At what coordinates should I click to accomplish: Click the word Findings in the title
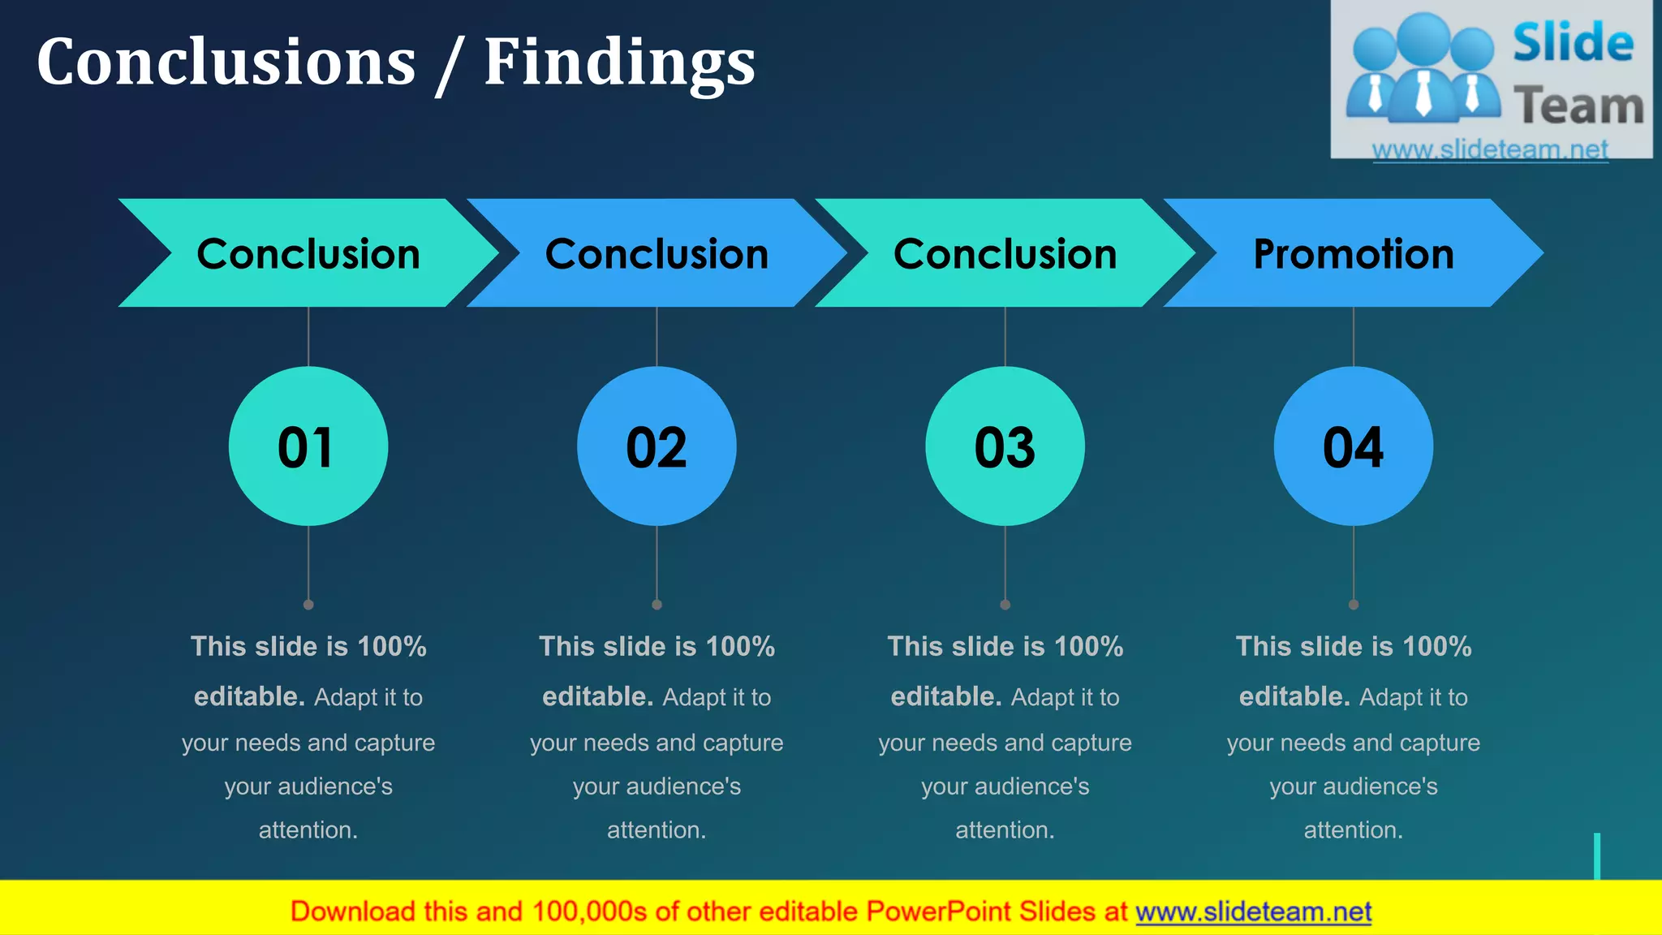[x=619, y=63]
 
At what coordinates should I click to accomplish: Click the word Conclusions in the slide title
[x=226, y=63]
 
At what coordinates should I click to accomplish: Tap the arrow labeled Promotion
[x=1353, y=253]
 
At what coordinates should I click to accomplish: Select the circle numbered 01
[x=308, y=446]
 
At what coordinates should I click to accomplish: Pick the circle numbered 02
[x=657, y=446]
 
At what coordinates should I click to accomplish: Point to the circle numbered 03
[x=1005, y=446]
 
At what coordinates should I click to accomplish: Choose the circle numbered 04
[x=1353, y=446]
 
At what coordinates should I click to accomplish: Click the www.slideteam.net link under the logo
[x=1490, y=149]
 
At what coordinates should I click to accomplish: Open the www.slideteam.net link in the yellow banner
[x=1253, y=911]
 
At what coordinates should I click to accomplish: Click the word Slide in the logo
[x=1573, y=43]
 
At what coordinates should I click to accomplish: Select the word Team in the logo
[x=1578, y=106]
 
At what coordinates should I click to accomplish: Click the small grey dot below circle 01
[x=308, y=605]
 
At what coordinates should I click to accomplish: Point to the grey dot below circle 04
[x=1354, y=605]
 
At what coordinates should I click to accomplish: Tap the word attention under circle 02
[x=656, y=830]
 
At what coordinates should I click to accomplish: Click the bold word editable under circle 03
[x=945, y=696]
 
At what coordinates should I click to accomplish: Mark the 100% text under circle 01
[x=392, y=647]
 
